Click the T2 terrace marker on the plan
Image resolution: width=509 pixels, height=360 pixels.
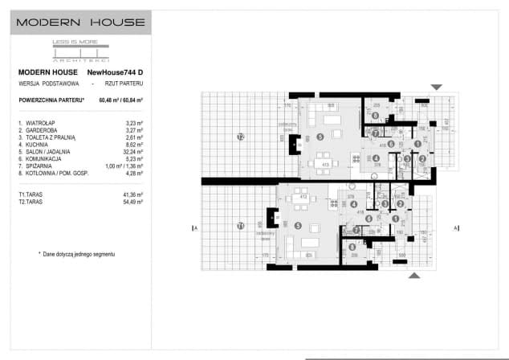coord(240,137)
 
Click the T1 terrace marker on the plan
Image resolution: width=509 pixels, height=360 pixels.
coord(240,227)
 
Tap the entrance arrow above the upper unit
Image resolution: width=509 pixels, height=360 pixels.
coord(436,87)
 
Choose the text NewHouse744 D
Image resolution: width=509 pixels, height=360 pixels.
coord(116,72)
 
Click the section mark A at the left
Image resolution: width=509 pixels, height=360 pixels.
coord(195,228)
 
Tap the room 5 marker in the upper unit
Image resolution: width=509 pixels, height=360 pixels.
coord(320,137)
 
